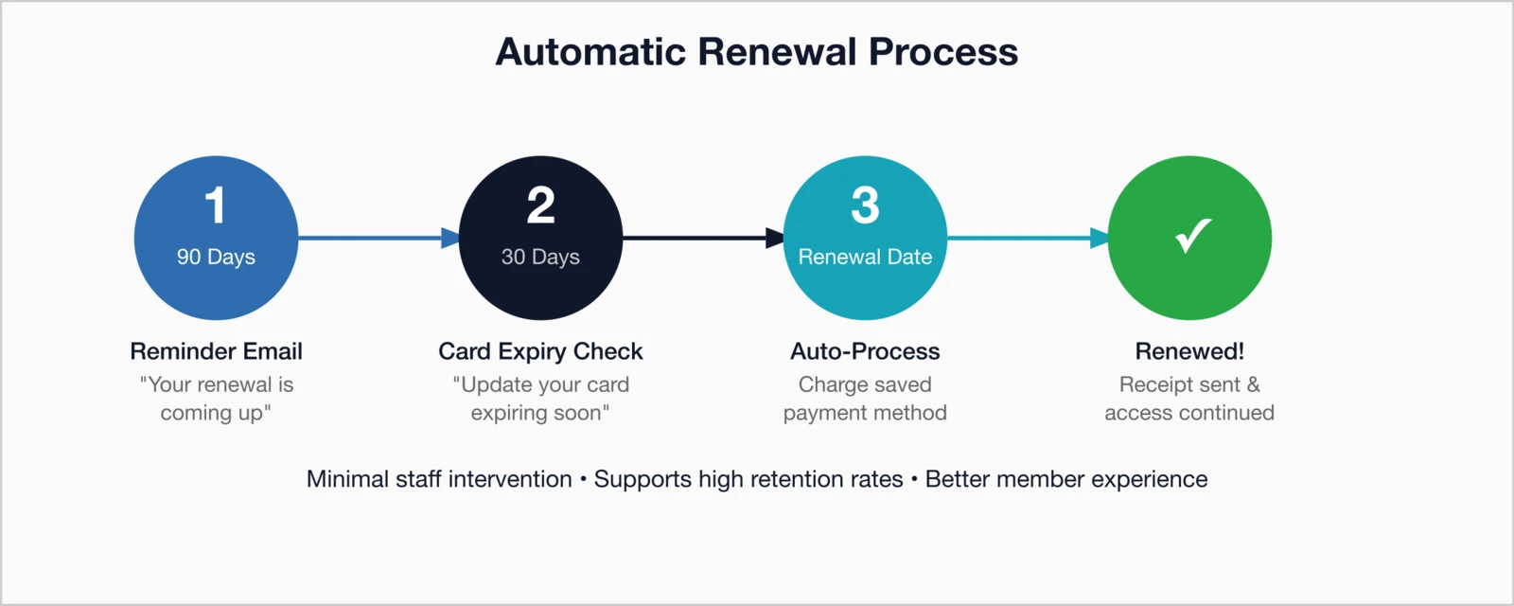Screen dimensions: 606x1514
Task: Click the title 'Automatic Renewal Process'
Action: click(x=756, y=52)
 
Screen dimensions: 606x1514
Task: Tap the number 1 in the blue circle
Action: click(x=216, y=205)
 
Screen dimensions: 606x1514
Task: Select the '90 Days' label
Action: click(x=216, y=257)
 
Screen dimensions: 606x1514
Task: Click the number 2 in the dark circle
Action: click(x=540, y=205)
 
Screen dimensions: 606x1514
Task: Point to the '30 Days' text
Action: click(x=540, y=257)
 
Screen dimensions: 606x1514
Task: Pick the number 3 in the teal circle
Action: click(x=865, y=205)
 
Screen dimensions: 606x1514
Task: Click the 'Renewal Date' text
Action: click(x=865, y=257)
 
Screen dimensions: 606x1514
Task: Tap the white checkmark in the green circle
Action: click(x=1192, y=236)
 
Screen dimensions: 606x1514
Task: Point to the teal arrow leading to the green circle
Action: click(x=1027, y=238)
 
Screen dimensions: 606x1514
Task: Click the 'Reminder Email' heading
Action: click(x=216, y=351)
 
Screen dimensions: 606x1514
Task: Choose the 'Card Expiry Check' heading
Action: click(x=540, y=351)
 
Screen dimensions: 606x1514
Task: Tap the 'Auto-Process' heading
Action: click(x=865, y=351)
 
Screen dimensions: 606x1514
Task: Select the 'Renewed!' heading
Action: click(x=1189, y=351)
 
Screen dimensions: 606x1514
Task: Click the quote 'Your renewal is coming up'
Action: click(x=216, y=399)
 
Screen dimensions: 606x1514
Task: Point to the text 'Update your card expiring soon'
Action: click(x=540, y=399)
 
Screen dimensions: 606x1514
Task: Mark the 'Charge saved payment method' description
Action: click(x=865, y=399)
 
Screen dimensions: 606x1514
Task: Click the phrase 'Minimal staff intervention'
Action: click(x=439, y=479)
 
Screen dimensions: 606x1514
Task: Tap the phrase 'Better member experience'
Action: click(x=1066, y=479)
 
